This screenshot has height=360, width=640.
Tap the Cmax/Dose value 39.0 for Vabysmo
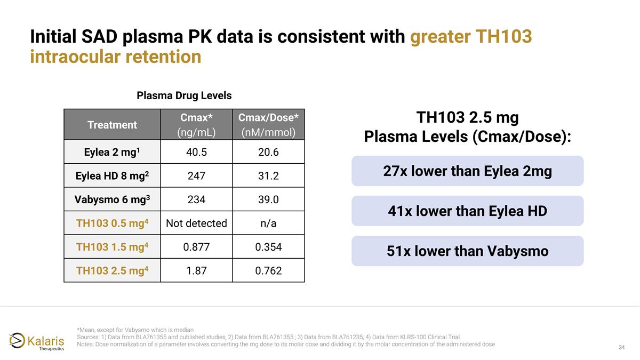pyautogui.click(x=268, y=199)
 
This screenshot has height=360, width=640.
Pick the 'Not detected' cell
pyautogui.click(x=196, y=223)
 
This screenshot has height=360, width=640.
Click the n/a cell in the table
pyautogui.click(x=268, y=223)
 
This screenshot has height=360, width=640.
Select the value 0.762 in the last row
pyautogui.click(x=268, y=271)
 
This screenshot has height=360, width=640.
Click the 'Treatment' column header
pyautogui.click(x=112, y=125)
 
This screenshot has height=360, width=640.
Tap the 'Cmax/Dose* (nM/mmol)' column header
pyautogui.click(x=268, y=125)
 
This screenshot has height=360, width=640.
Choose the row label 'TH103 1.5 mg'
pyautogui.click(x=112, y=247)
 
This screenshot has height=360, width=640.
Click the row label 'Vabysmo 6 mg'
pyautogui.click(x=112, y=199)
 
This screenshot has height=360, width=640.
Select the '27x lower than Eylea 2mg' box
pyautogui.click(x=467, y=171)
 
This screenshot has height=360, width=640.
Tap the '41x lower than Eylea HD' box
pyautogui.click(x=467, y=211)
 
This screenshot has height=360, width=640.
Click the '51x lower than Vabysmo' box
pyautogui.click(x=467, y=251)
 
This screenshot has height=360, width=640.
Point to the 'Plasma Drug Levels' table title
pyautogui.click(x=184, y=96)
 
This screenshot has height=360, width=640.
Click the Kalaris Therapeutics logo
pyautogui.click(x=37, y=340)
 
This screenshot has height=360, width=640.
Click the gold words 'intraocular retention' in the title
pyautogui.click(x=116, y=57)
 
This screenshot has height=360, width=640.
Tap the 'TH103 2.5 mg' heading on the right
pyautogui.click(x=467, y=117)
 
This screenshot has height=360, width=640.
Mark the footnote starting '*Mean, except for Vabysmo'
pyautogui.click(x=135, y=329)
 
